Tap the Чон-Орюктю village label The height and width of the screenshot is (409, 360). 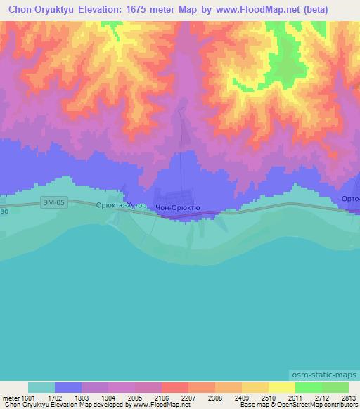pos(178,208)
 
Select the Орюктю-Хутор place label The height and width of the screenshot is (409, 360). pos(121,206)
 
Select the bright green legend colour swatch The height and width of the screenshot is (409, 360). pos(308,387)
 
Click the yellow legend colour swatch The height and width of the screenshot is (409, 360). pos(281,387)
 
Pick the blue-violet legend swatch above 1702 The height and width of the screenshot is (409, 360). pos(68,387)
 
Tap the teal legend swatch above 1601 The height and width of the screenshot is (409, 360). pos(41,387)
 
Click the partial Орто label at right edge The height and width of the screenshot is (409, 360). pos(350,200)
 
